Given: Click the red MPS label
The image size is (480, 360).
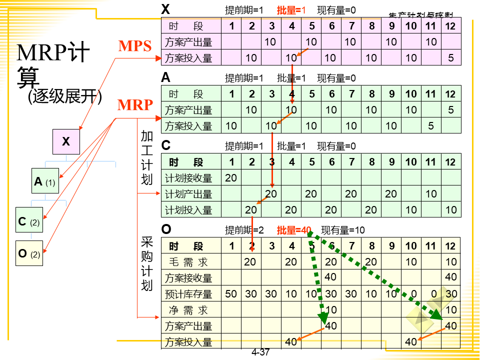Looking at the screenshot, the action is coord(134,46).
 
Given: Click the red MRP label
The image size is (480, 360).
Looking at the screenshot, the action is coord(135,105).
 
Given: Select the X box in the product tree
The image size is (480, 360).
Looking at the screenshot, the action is coord(66,141).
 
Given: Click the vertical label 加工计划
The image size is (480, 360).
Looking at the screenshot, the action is coord(146,157).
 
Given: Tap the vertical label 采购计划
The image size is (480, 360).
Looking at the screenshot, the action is coord(146,264).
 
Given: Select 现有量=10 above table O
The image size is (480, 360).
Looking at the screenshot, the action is coord(343,230).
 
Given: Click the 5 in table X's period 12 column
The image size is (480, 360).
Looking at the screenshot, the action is coord(451,58).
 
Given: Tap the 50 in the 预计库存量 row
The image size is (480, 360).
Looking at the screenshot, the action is coord(231,294).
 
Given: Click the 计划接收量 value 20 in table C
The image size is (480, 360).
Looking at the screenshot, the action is coord(231,178).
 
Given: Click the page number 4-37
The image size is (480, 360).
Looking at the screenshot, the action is coord(260,352).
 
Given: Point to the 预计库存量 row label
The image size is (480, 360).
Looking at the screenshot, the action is coord(188,294).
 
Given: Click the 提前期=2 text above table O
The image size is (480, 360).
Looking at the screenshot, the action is coord(244,230).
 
